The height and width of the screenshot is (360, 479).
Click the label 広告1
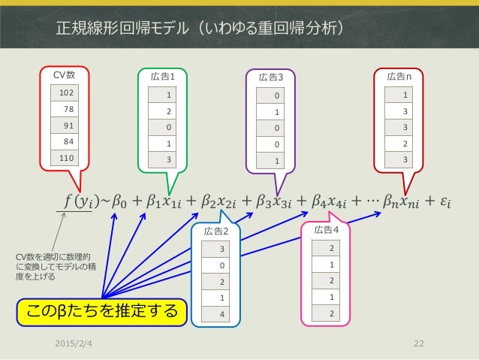tap(163, 76)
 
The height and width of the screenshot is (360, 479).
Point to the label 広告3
tap(271, 77)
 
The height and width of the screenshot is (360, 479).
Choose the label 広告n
tap(399, 76)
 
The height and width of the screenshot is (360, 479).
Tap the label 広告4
tap(327, 229)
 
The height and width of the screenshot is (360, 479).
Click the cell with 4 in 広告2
tap(221, 313)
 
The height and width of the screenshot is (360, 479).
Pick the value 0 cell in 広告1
tap(168, 127)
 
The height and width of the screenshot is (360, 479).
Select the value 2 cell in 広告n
tap(405, 143)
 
